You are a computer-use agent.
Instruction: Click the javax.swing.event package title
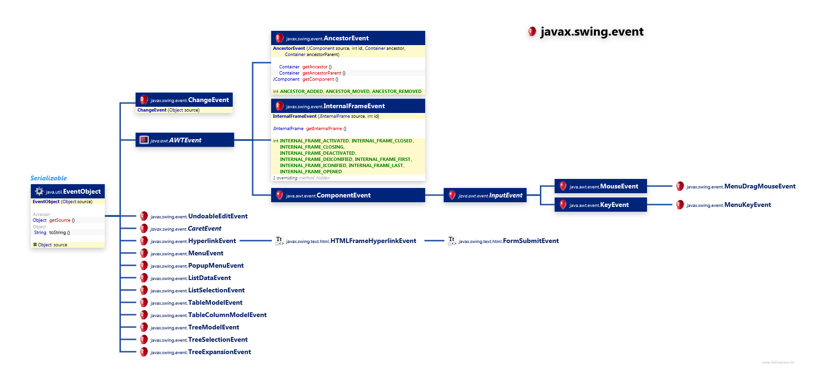tap(592, 32)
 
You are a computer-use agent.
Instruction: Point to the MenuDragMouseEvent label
tap(760, 187)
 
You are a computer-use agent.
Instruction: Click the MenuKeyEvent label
tap(748, 205)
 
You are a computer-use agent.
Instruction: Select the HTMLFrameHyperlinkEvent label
tap(373, 241)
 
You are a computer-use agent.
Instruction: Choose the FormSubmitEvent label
tap(530, 241)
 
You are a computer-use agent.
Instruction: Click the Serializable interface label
tap(48, 178)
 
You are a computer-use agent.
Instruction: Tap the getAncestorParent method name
tap(322, 73)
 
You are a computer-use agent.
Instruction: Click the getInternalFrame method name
tap(324, 129)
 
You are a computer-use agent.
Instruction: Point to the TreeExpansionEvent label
tap(219, 352)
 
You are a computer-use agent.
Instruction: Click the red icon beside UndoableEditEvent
tap(144, 216)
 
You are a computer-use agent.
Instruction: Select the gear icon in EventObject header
tap(39, 192)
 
